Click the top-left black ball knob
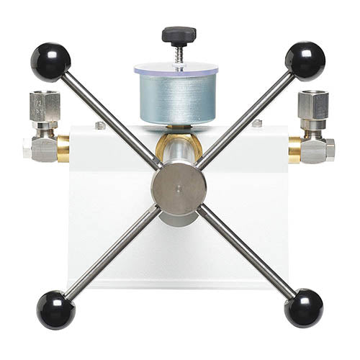coord(50,61)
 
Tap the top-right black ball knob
coord(305,60)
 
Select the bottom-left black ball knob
coord(55,309)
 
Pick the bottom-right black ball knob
coord(303,307)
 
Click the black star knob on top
coord(179,34)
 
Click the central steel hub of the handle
coord(179,188)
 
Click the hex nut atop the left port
coord(45,105)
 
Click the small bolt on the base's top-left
coord(100,126)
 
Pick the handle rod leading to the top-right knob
coord(248,115)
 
